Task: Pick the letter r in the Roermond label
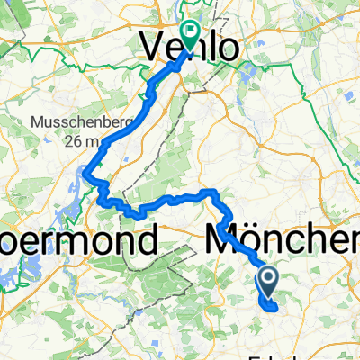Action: click(41, 240)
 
